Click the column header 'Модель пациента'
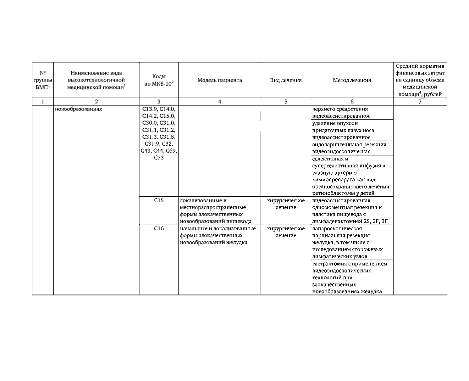(x=220, y=80)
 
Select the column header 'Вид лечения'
(x=286, y=80)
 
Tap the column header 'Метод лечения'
(x=352, y=80)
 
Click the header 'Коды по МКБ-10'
(x=159, y=80)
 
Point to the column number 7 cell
(x=420, y=102)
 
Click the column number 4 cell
(x=220, y=102)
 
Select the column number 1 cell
(x=43, y=102)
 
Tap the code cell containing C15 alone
(x=159, y=200)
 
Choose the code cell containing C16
(x=159, y=228)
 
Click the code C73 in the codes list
(x=159, y=158)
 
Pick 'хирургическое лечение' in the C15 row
(x=286, y=204)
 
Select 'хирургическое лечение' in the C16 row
(x=286, y=232)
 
